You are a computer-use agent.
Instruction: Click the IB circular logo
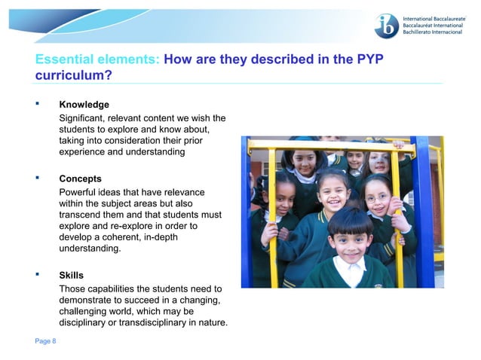pyautogui.click(x=388, y=26)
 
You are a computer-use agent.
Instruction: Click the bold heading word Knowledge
pyautogui.click(x=84, y=105)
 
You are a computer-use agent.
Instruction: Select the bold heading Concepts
pyautogui.click(x=81, y=179)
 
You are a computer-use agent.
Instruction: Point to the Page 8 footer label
pyautogui.click(x=45, y=341)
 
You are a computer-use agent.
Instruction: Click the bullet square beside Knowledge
pyautogui.click(x=38, y=103)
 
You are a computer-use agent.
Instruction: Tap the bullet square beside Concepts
pyautogui.click(x=38, y=178)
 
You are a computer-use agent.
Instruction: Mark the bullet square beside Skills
pyautogui.click(x=38, y=275)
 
